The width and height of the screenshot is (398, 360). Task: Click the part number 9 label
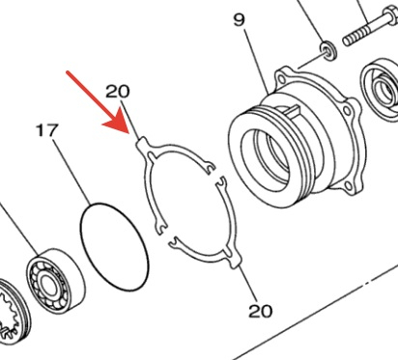coord(239,20)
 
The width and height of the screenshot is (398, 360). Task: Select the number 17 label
coord(47,130)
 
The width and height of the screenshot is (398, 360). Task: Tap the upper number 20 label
coord(118,92)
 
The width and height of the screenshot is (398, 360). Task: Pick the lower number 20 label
coord(260,311)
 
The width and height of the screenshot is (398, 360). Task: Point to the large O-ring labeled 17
coord(114,247)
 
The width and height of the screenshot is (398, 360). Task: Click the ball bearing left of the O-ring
coord(55,281)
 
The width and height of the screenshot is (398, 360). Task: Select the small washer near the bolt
coord(328,51)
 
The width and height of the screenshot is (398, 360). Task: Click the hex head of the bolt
coord(389,14)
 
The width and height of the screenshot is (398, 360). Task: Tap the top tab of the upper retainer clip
coord(142,143)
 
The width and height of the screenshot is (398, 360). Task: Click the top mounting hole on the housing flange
coord(282,78)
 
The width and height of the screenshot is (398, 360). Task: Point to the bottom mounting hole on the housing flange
coord(349,185)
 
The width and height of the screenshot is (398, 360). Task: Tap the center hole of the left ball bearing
coord(47,285)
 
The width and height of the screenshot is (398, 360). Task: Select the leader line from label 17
coord(71,172)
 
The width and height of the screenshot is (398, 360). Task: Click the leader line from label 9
coord(257,62)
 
